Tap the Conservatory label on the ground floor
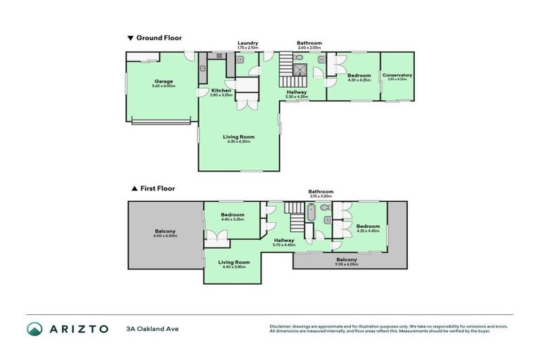pyautogui.click(x=397, y=75)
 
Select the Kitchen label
pyautogui.click(x=221, y=91)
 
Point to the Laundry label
pyautogui.click(x=247, y=43)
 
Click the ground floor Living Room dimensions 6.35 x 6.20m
pyautogui.click(x=239, y=142)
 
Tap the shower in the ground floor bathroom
pyautogui.click(x=301, y=69)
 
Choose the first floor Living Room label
pyautogui.click(x=232, y=262)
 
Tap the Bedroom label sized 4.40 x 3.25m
pyautogui.click(x=232, y=214)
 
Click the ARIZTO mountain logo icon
pyautogui.click(x=34, y=329)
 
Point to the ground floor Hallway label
pyautogui.click(x=297, y=92)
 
